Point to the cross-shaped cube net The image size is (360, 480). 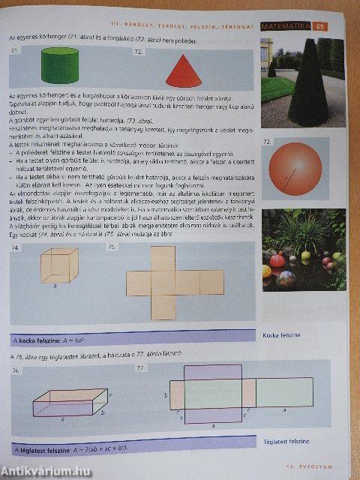[174, 282]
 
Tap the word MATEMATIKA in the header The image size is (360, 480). [286, 27]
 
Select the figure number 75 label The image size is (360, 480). [112, 247]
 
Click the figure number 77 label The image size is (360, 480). [140, 367]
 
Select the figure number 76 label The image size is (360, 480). [16, 371]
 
